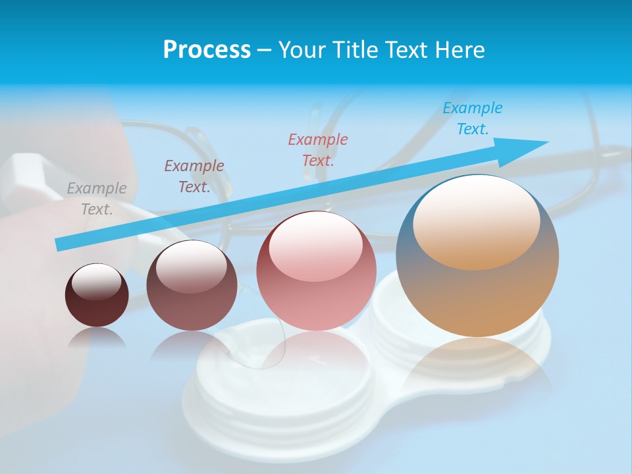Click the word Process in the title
[x=207, y=50]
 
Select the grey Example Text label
[x=97, y=199]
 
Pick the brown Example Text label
[x=194, y=176]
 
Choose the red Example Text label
[x=318, y=149]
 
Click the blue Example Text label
[x=473, y=118]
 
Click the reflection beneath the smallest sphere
[x=97, y=338]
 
